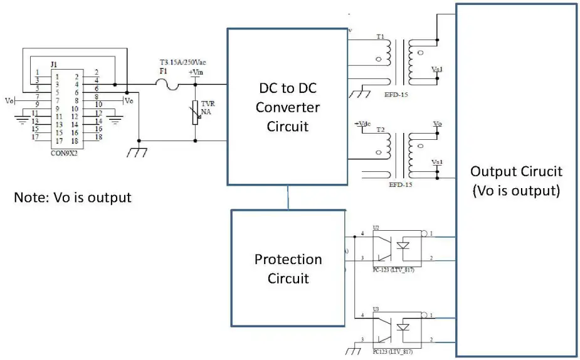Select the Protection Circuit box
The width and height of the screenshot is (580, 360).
288,268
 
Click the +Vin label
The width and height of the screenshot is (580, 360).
196,73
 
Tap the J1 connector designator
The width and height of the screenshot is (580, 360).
54,64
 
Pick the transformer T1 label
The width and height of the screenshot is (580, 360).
381,37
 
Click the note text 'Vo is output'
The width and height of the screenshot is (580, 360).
73,197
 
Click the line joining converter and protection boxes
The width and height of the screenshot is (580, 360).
288,198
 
